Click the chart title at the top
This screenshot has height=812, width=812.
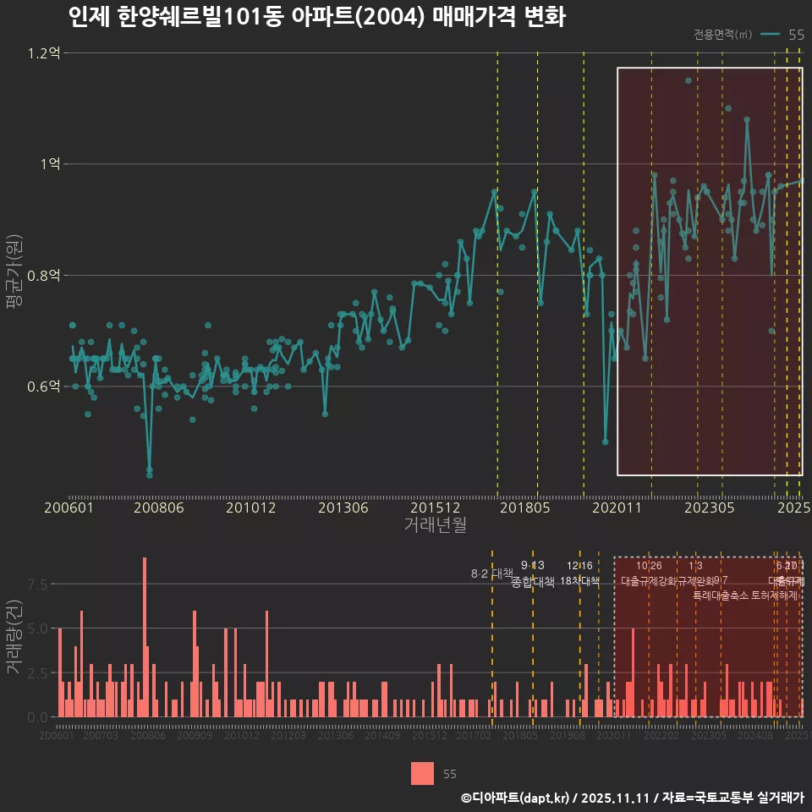click(316, 16)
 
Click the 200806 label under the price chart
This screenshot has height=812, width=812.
click(160, 508)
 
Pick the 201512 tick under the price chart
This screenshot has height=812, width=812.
click(435, 508)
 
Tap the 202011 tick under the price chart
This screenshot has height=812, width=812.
click(618, 508)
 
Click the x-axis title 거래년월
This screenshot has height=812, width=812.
click(435, 525)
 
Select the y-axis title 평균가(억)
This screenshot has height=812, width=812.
click(13, 276)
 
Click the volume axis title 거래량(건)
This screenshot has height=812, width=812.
click(13, 638)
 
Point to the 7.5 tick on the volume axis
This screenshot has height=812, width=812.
click(36, 584)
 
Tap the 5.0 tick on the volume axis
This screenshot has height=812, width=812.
click(36, 628)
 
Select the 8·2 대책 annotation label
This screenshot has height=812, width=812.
click(492, 573)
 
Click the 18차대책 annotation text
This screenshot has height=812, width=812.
click(579, 581)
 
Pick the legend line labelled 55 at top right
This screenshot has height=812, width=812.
click(771, 35)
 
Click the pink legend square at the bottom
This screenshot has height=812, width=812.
click(422, 773)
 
